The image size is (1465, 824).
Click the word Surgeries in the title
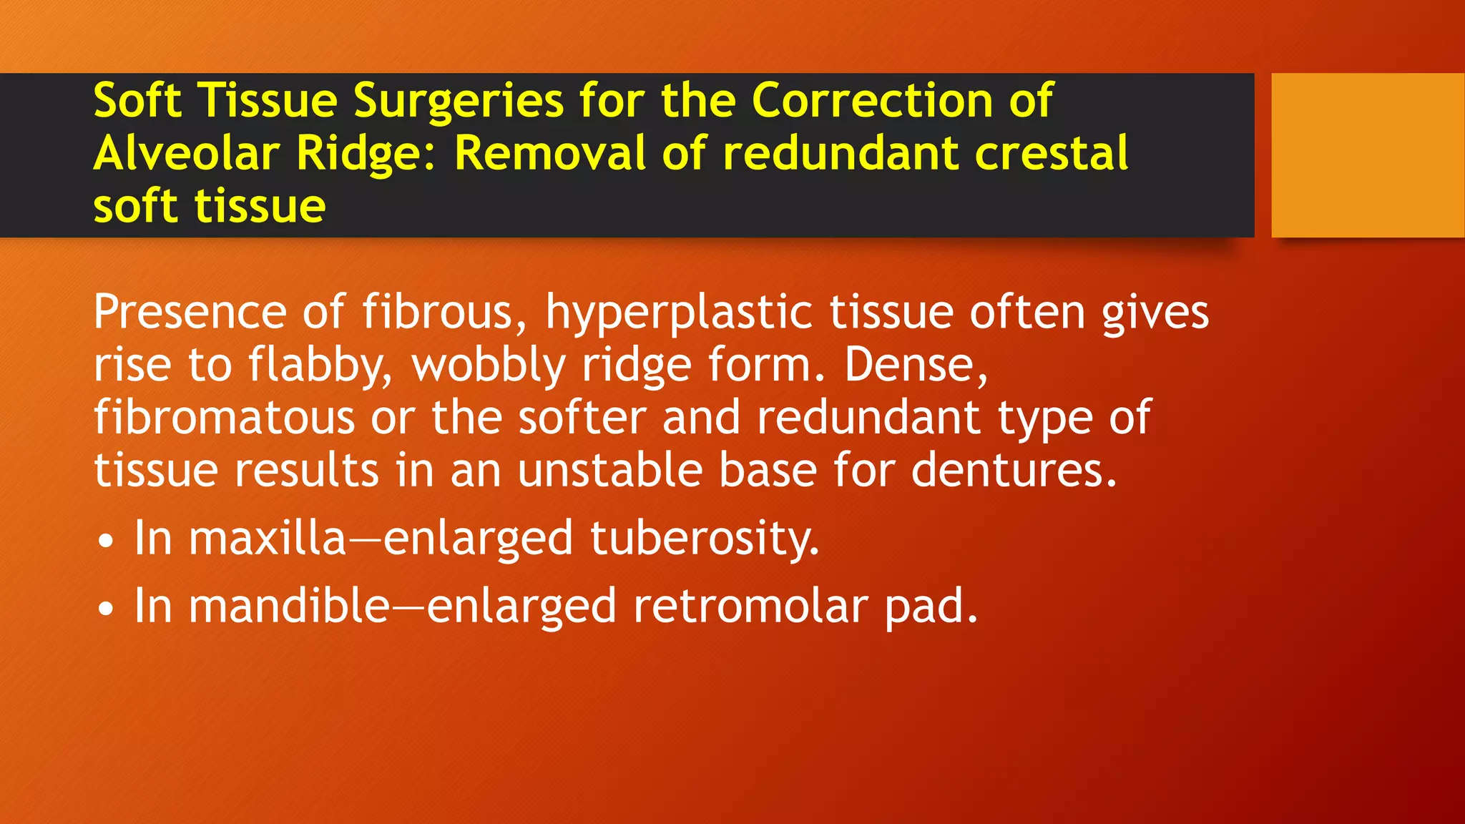pos(459,101)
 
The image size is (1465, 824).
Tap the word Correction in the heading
pos(872,101)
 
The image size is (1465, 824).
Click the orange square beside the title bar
pos(1367,154)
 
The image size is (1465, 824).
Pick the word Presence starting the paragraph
pos(190,313)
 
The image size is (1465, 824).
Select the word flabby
pos(319,366)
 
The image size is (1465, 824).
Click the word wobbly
pos(489,366)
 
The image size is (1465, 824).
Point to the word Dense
pos(915,365)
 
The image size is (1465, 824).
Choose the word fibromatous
pos(224,418)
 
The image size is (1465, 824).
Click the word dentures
pos(1013,471)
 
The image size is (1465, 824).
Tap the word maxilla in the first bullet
pos(268,538)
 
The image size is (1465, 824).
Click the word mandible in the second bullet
pos(289,606)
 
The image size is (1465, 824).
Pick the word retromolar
pos(750,606)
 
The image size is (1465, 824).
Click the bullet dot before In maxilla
pos(106,541)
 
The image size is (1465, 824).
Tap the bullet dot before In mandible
pos(106,609)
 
